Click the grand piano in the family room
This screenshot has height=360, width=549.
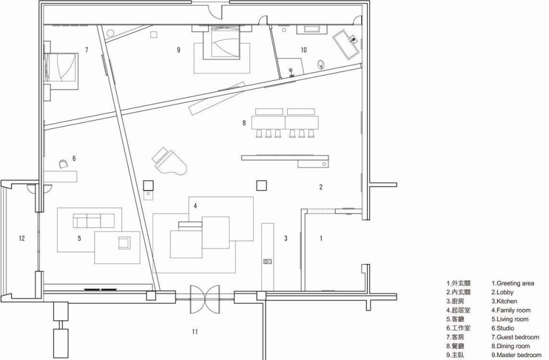coord(170,162)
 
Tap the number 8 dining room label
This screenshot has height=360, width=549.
coord(244,123)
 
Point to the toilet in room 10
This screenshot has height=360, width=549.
coord(320,64)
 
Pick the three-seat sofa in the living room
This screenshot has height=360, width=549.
coord(94,221)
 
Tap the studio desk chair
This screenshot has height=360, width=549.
coord(63,164)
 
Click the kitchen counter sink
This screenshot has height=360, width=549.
coord(268,261)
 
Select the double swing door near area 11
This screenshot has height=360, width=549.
coord(205,299)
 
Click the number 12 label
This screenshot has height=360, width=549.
coord(22,239)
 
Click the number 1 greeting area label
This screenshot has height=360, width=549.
coord(321,239)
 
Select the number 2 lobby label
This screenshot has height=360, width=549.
coord(321,187)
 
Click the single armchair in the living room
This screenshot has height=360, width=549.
coord(124,243)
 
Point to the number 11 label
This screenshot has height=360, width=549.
coord(195,331)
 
